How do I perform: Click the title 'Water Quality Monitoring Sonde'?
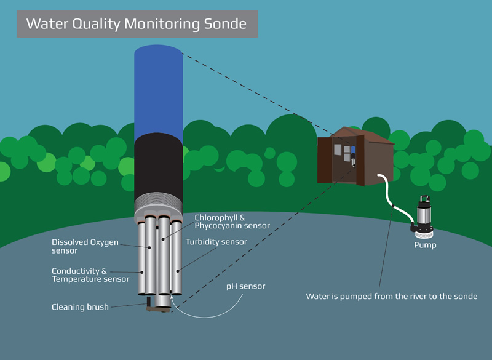[x=136, y=25]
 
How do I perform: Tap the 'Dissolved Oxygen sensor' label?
[x=85, y=246]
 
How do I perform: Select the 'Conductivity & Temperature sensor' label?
[x=90, y=274]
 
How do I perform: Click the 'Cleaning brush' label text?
[x=80, y=306]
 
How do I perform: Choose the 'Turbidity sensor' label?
[x=216, y=242]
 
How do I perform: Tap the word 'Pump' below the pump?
[x=424, y=246]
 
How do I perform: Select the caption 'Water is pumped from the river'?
[x=391, y=296]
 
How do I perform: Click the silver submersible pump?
[x=424, y=215]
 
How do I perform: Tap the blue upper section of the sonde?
[x=159, y=92]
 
